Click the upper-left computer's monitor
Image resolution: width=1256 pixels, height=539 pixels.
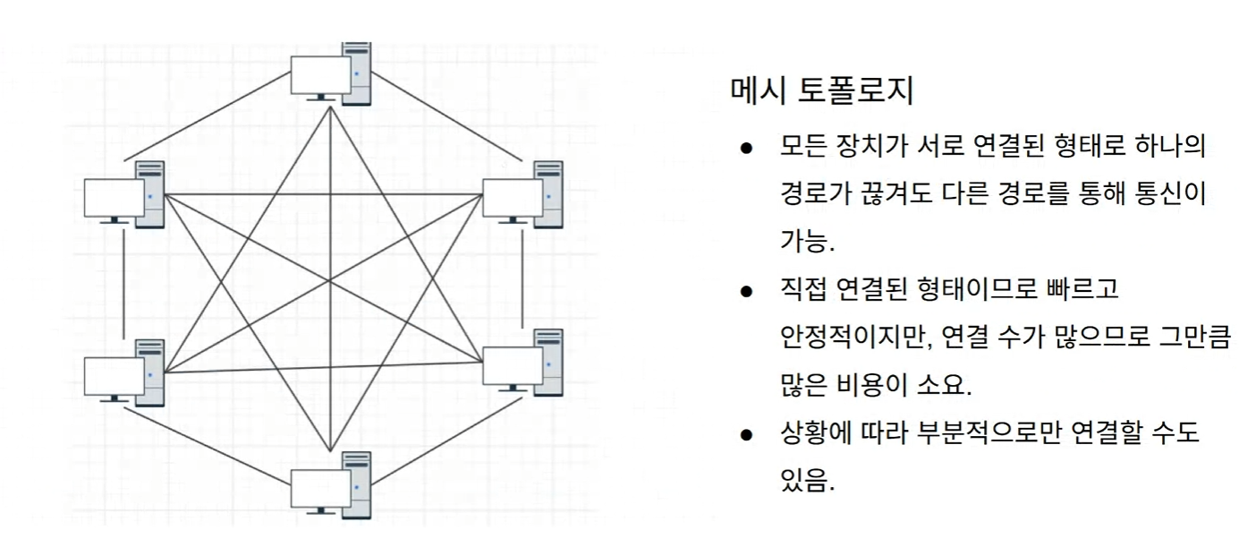114,198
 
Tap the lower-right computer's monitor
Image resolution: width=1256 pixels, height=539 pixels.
513,367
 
